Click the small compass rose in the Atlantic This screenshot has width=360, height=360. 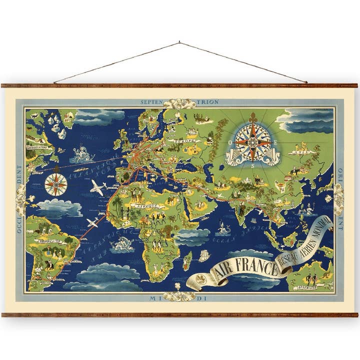tap(56, 184)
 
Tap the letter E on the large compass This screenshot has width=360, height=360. tap(277, 141)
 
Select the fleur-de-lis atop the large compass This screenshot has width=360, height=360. tap(253, 120)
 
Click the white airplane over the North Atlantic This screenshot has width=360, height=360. tap(98, 187)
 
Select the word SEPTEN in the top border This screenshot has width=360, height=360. tap(151, 102)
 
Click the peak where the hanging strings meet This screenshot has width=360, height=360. tap(179, 42)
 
